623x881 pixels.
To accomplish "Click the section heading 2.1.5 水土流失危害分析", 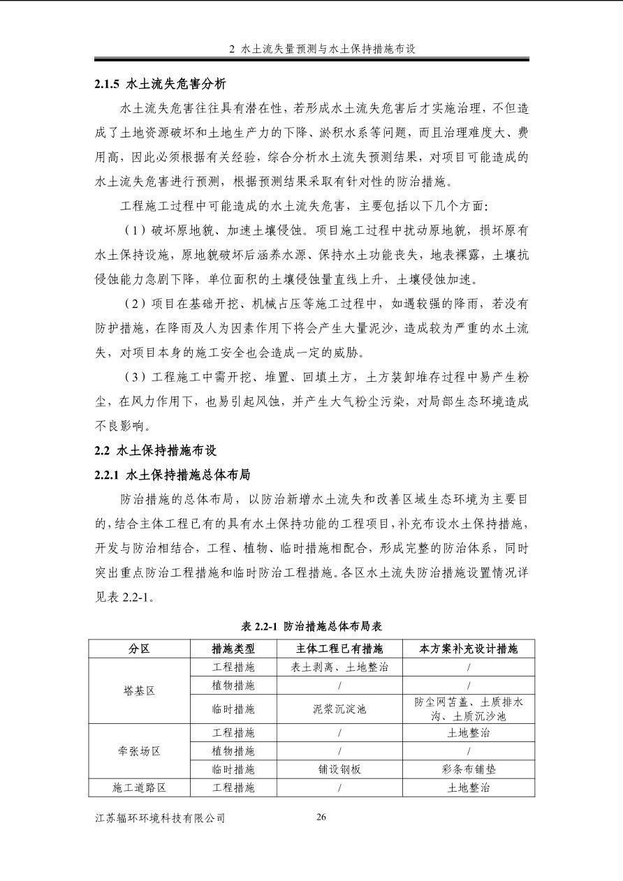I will click(160, 84).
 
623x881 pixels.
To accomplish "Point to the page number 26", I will click(321, 817).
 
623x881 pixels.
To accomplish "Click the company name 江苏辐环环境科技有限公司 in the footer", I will click(160, 817).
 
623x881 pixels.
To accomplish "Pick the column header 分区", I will click(139, 649).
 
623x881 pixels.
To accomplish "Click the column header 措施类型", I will click(233, 649).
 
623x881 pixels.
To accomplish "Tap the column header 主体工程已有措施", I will click(339, 649).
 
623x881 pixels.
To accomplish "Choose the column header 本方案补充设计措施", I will click(468, 649).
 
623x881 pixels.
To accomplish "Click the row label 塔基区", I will click(139, 690).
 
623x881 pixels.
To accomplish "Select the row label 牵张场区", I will click(139, 751).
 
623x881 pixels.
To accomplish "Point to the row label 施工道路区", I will click(139, 787).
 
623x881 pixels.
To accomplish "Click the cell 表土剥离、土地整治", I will click(339, 667).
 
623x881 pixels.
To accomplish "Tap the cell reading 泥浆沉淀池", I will click(339, 709).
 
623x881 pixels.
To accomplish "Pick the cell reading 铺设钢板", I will click(339, 769).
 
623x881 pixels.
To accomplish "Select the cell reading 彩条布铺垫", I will click(468, 769).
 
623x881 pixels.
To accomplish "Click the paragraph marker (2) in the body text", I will click(134, 304).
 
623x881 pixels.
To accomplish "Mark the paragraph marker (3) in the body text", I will click(134, 377).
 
